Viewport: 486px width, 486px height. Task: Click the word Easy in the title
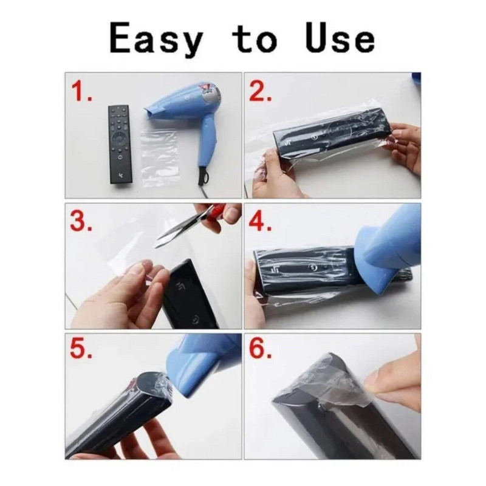(x=157, y=39)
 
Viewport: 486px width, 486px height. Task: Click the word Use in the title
(x=340, y=37)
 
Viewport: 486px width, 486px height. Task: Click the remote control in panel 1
(x=119, y=145)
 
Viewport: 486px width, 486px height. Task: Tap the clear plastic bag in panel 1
(x=159, y=158)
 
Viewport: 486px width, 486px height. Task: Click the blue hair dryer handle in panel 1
(x=206, y=146)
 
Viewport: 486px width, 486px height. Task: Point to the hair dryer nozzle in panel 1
(x=151, y=112)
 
